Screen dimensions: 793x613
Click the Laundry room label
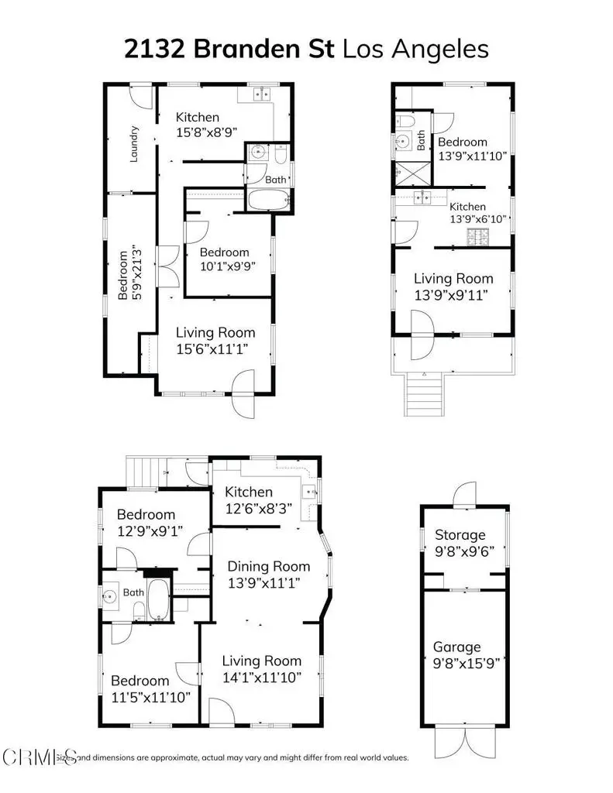[x=134, y=144]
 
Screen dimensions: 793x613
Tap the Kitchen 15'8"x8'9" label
[x=203, y=124]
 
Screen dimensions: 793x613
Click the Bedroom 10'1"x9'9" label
[x=225, y=259]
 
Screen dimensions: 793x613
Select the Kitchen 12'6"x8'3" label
[x=249, y=499]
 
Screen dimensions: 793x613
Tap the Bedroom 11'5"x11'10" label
[x=151, y=688]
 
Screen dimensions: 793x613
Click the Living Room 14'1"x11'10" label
[x=261, y=668]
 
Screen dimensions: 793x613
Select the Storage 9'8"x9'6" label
[x=460, y=542]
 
